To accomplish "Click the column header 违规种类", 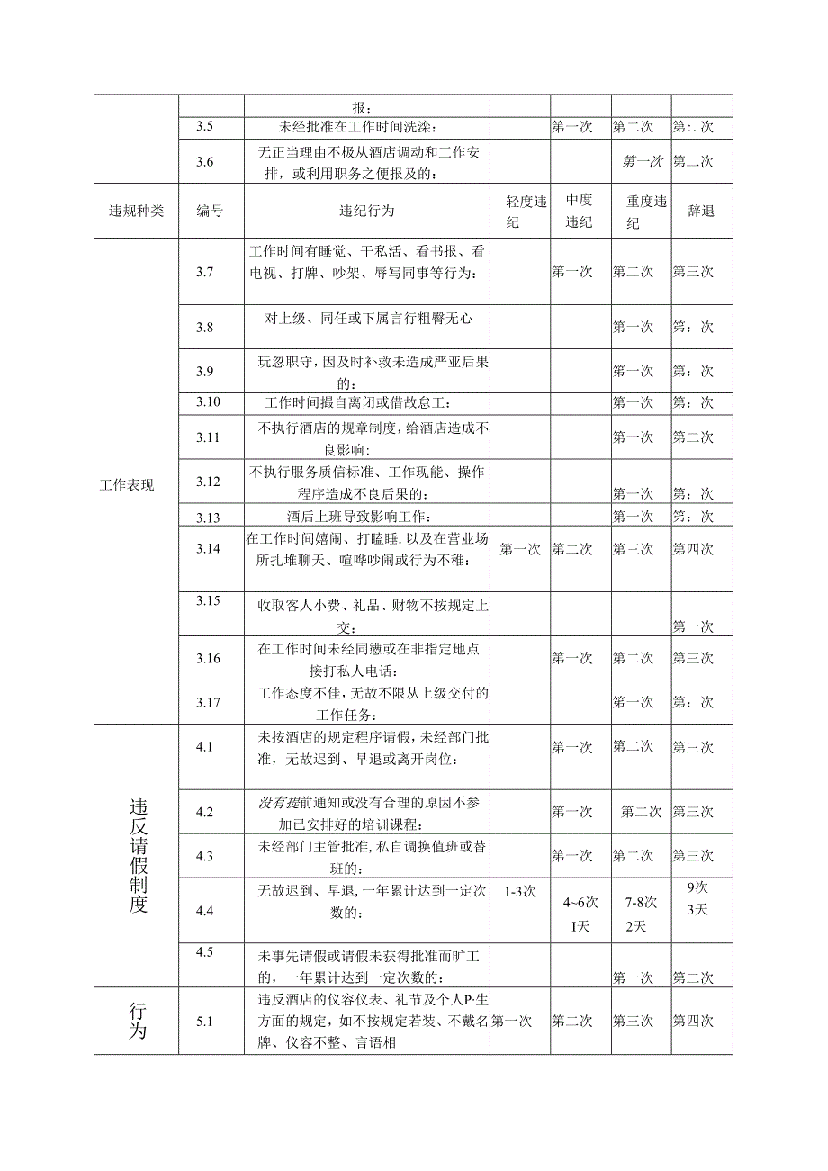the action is [136, 211].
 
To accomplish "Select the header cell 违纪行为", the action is [366, 211].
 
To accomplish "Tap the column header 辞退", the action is [701, 211].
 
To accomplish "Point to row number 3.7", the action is [204, 271].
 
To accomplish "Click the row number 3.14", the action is [208, 548].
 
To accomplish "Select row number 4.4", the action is [204, 911].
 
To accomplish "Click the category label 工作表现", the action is [127, 485].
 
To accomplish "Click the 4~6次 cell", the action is [580, 902].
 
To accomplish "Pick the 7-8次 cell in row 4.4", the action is [640, 902].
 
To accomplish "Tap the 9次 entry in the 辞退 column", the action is [697, 886].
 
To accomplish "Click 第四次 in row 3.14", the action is [693, 548].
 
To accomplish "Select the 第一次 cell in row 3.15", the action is [693, 626].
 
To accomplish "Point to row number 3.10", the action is [208, 401].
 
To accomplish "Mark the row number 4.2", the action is [204, 812].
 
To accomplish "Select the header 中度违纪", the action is [579, 211].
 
